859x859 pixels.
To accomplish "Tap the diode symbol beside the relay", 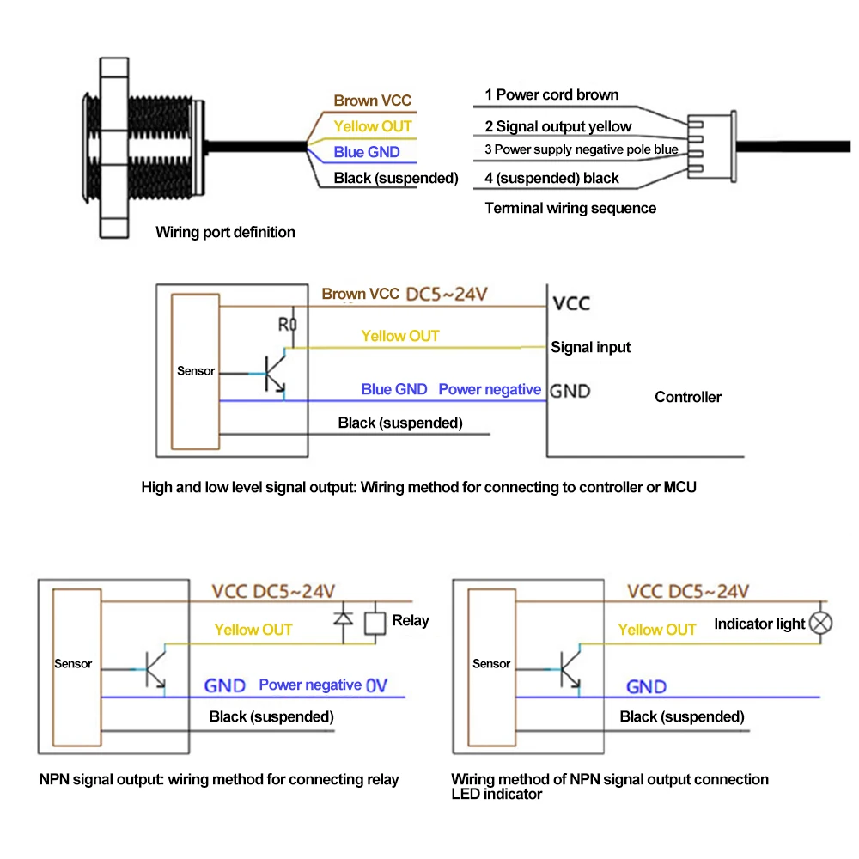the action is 344,619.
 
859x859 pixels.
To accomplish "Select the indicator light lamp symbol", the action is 820,623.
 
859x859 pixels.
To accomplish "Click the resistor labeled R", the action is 294,325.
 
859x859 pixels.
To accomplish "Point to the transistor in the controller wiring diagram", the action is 275,374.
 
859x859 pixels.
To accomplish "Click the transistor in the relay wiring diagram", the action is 155,669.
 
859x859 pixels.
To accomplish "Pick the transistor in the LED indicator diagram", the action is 570,669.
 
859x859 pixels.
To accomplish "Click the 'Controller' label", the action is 687,397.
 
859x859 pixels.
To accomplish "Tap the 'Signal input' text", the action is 591,347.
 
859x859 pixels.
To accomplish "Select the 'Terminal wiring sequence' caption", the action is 570,208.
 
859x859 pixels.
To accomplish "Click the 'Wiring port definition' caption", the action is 225,232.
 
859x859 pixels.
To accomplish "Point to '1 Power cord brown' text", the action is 551,94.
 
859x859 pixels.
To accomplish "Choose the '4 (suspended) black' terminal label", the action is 551,178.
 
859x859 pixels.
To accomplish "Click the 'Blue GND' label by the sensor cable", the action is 367,152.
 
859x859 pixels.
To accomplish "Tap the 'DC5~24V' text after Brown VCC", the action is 447,294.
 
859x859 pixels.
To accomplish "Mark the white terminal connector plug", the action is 711,147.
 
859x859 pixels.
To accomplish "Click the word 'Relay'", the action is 411,621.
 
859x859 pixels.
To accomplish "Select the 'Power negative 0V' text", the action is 323,685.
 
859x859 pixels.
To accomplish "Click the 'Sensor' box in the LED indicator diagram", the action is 492,667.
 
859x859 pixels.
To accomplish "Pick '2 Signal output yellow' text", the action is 558,126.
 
